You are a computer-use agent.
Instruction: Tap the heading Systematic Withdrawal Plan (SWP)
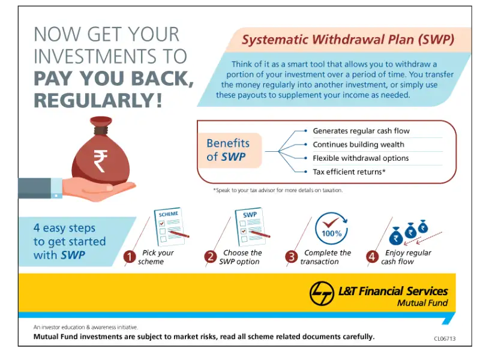click(347, 40)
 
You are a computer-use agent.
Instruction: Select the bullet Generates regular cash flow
click(361, 131)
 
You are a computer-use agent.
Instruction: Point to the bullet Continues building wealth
click(358, 145)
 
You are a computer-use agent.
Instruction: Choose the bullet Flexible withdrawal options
click(361, 158)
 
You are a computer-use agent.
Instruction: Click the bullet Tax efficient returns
click(349, 172)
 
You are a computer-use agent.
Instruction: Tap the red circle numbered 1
click(129, 257)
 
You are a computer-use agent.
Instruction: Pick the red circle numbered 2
click(210, 257)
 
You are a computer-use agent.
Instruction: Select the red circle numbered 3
click(291, 257)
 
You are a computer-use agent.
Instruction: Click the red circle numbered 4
click(372, 257)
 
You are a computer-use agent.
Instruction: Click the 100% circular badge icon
click(331, 228)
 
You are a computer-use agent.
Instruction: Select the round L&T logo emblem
click(322, 294)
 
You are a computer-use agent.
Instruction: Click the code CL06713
click(445, 339)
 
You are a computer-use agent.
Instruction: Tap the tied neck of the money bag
click(101, 129)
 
